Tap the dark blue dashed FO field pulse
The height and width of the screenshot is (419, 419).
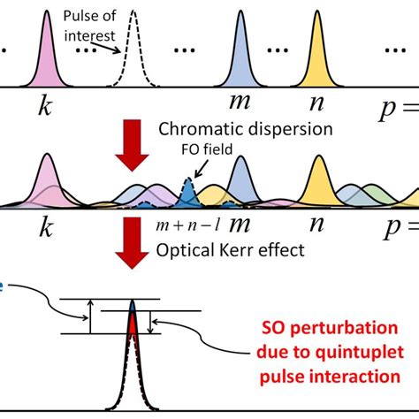click(x=186, y=189)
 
